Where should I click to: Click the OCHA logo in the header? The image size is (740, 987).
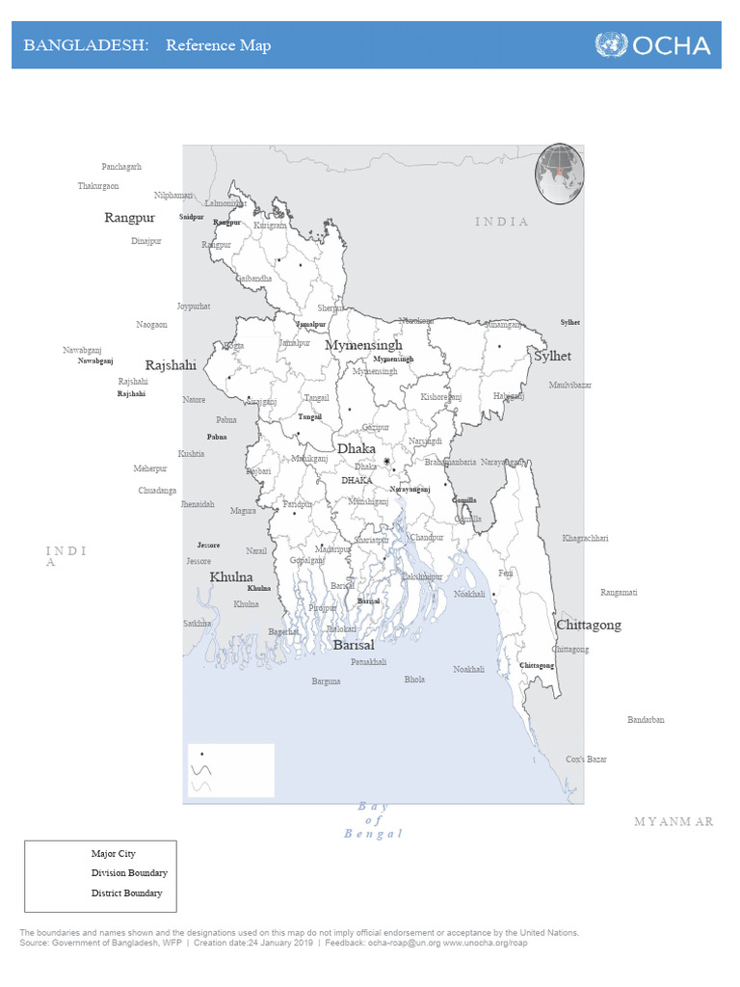[652, 45]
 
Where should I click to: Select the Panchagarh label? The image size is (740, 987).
[121, 167]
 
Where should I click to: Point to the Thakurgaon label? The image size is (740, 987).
[98, 186]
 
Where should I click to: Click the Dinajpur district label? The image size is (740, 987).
[146, 241]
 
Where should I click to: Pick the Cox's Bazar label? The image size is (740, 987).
[587, 760]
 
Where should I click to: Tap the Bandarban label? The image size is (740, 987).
[646, 720]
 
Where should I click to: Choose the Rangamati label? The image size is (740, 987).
[619, 593]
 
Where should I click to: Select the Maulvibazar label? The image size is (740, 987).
[570, 385]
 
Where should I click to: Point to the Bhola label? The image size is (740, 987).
[414, 680]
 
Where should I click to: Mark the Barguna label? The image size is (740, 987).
[326, 681]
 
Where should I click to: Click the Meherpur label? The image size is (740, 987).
[150, 468]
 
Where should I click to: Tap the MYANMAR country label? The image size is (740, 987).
[674, 821]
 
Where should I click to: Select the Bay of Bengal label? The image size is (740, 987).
[373, 820]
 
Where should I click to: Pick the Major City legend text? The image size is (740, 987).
[114, 854]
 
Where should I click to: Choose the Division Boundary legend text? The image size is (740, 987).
[129, 873]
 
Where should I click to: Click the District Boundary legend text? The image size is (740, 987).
[127, 894]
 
